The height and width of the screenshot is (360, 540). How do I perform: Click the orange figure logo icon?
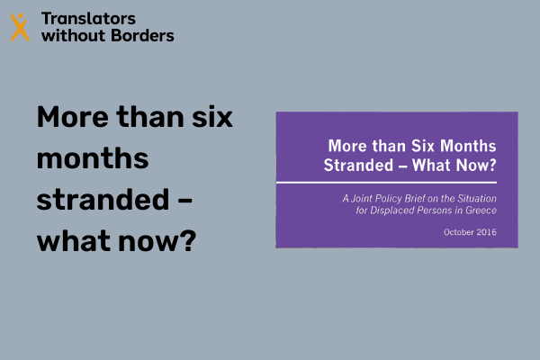20,27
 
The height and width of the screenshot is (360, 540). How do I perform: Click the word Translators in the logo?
88,19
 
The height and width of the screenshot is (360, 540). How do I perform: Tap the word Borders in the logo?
142,35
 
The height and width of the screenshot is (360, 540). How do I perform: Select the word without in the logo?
73,35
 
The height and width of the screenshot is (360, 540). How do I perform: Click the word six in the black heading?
212,117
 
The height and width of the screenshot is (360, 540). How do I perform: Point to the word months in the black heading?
93,158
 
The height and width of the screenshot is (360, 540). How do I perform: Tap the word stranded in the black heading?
103,200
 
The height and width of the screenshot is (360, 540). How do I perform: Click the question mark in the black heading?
188,240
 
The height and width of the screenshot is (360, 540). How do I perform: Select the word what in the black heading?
75,240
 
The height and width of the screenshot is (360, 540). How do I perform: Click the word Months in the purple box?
468,146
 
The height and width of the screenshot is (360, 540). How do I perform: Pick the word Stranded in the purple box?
358,165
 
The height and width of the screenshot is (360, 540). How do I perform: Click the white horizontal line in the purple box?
386,182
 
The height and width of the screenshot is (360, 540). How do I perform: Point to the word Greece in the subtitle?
481,210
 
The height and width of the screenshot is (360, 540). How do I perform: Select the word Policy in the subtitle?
389,198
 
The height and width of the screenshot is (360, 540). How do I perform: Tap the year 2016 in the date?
487,232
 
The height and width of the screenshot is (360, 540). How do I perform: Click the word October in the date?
459,232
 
